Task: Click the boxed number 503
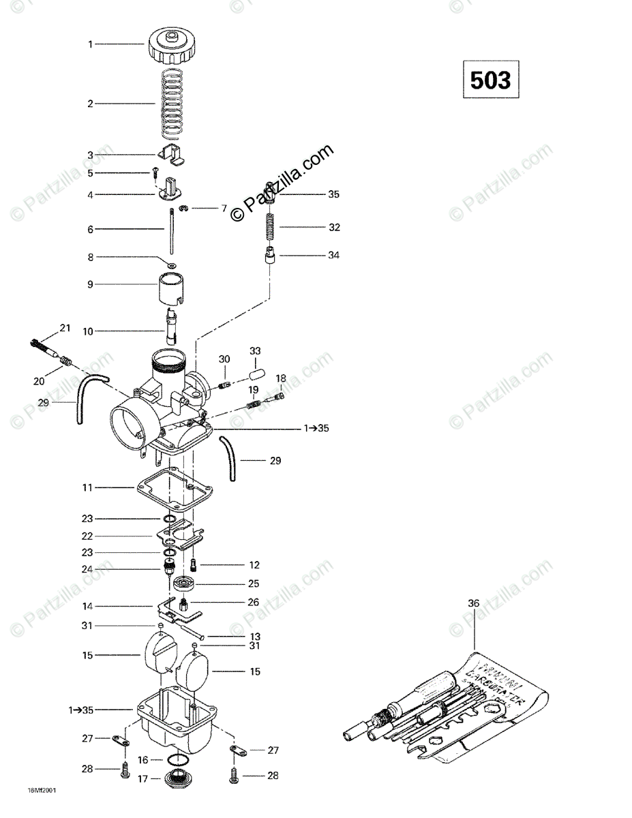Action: coord(490,80)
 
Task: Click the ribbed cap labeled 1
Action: coord(170,45)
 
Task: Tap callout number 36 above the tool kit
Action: coord(474,603)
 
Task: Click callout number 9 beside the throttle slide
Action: coord(90,284)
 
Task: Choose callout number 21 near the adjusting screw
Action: coord(65,329)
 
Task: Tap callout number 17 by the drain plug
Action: coord(142,778)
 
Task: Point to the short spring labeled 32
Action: coord(271,225)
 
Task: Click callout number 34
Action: coord(333,256)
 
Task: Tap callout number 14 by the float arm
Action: coord(88,605)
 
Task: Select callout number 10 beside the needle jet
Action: coord(88,331)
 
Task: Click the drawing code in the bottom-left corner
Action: coord(42,791)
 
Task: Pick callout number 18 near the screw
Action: coord(281,378)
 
